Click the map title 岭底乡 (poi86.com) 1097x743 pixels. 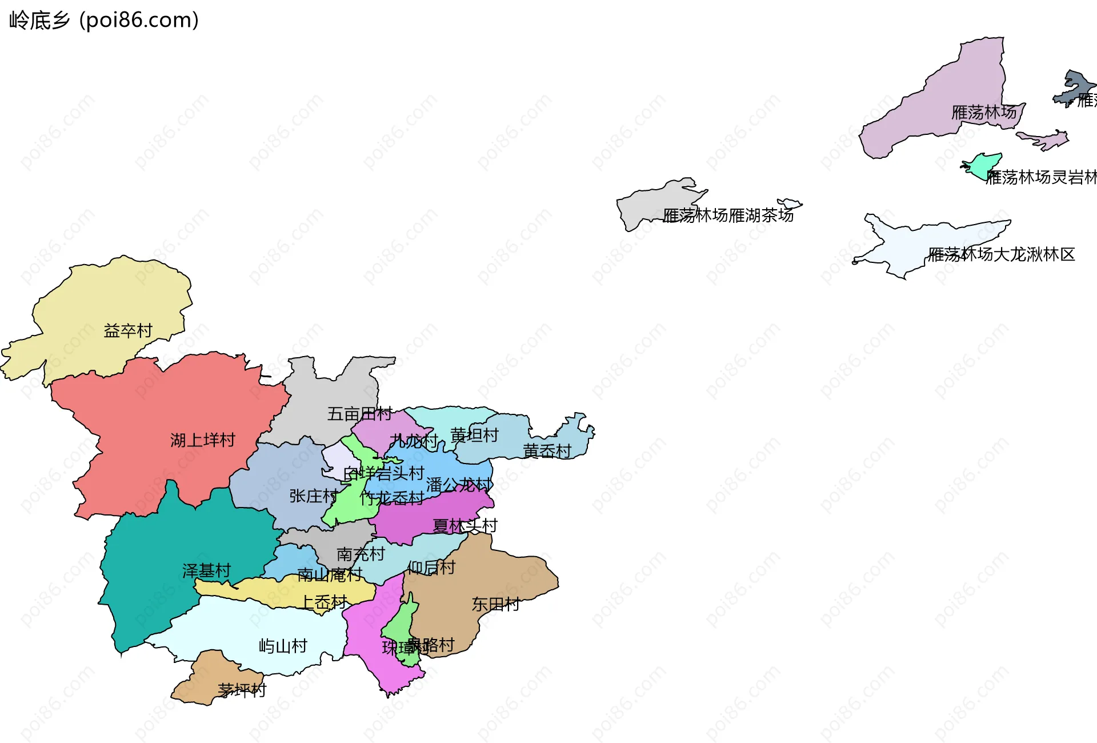pyautogui.click(x=104, y=21)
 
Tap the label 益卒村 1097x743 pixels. pyautogui.click(x=128, y=331)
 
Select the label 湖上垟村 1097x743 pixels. pyautogui.click(x=203, y=440)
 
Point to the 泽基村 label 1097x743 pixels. pyautogui.click(x=206, y=571)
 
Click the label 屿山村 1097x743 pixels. pyautogui.click(x=283, y=646)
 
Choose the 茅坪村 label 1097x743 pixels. pyautogui.click(x=242, y=690)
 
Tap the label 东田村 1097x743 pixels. pyautogui.click(x=495, y=604)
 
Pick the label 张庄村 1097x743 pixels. pyautogui.click(x=313, y=496)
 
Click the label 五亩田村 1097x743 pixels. pyautogui.click(x=359, y=414)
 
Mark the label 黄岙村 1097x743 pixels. pyautogui.click(x=547, y=452)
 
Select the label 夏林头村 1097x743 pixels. pyautogui.click(x=465, y=526)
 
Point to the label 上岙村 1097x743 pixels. pyautogui.click(x=324, y=602)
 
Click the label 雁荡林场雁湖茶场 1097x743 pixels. pyautogui.click(x=728, y=215)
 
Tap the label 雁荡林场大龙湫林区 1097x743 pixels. pyautogui.click(x=1001, y=254)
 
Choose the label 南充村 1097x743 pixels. pyautogui.click(x=361, y=554)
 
